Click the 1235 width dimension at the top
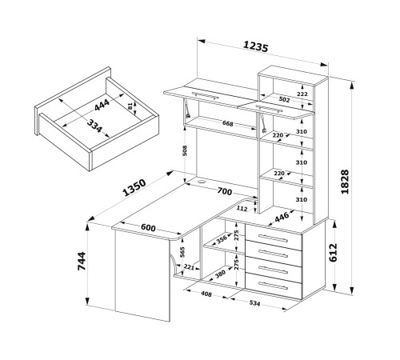(x=255, y=47)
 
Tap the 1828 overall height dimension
(x=345, y=182)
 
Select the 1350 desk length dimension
(x=134, y=187)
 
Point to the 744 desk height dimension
(x=82, y=261)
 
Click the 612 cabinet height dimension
(x=334, y=253)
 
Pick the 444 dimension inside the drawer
(x=102, y=105)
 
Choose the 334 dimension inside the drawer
(x=94, y=126)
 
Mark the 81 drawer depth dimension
(x=130, y=106)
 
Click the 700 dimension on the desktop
(x=225, y=191)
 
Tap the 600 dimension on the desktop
(x=148, y=227)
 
